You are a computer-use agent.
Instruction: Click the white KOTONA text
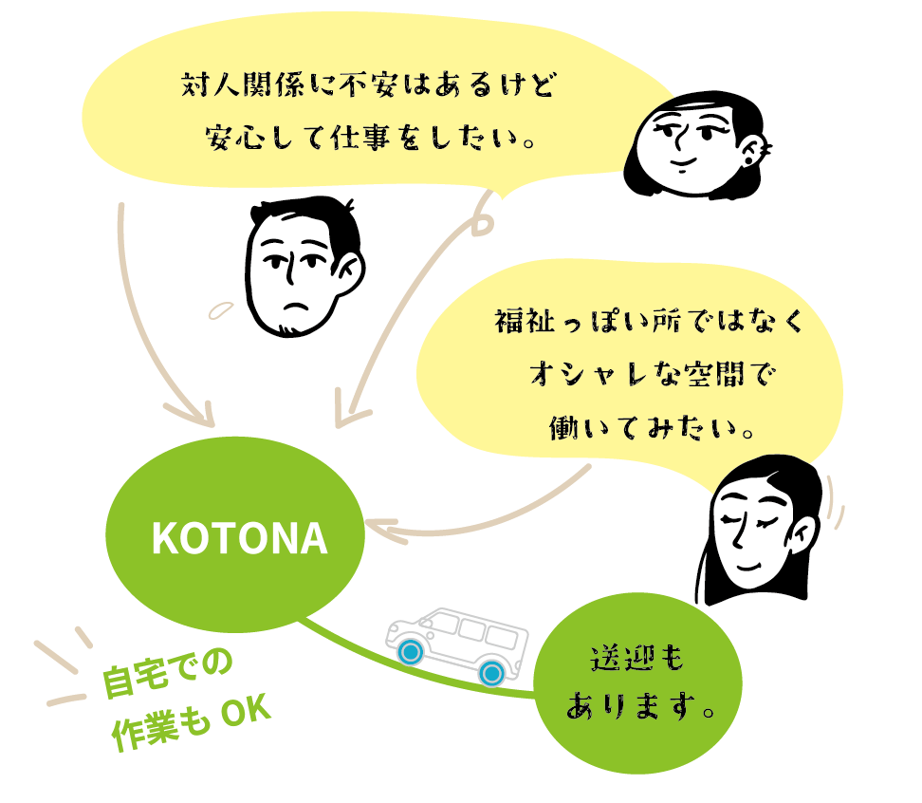[239, 540]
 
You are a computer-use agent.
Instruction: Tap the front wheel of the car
[410, 652]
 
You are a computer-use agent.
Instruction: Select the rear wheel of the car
[490, 673]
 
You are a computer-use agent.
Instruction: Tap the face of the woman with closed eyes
[754, 535]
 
